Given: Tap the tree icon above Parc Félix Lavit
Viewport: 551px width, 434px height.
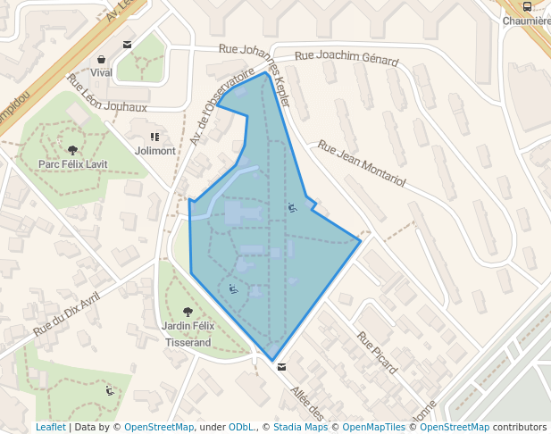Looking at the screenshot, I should tap(72, 150).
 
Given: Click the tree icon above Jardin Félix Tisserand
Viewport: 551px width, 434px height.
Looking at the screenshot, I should tap(188, 313).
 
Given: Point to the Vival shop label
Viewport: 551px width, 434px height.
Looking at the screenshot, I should tap(101, 72).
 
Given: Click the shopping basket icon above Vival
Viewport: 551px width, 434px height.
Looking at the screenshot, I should tap(101, 59).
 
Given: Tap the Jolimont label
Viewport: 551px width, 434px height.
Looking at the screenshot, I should tap(154, 151).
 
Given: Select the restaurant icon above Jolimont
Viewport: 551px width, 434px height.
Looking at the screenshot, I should tap(154, 138).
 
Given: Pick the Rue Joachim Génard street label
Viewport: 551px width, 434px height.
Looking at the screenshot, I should tap(346, 58).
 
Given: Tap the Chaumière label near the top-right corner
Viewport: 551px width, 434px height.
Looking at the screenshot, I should tap(526, 21).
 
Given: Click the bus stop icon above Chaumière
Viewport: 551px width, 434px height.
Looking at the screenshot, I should tap(527, 7).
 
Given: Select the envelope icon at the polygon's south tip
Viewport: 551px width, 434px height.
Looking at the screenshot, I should tap(282, 367).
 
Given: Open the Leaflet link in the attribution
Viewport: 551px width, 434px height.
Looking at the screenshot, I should tap(50, 427).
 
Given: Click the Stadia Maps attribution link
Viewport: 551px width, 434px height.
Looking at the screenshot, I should tap(300, 427).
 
